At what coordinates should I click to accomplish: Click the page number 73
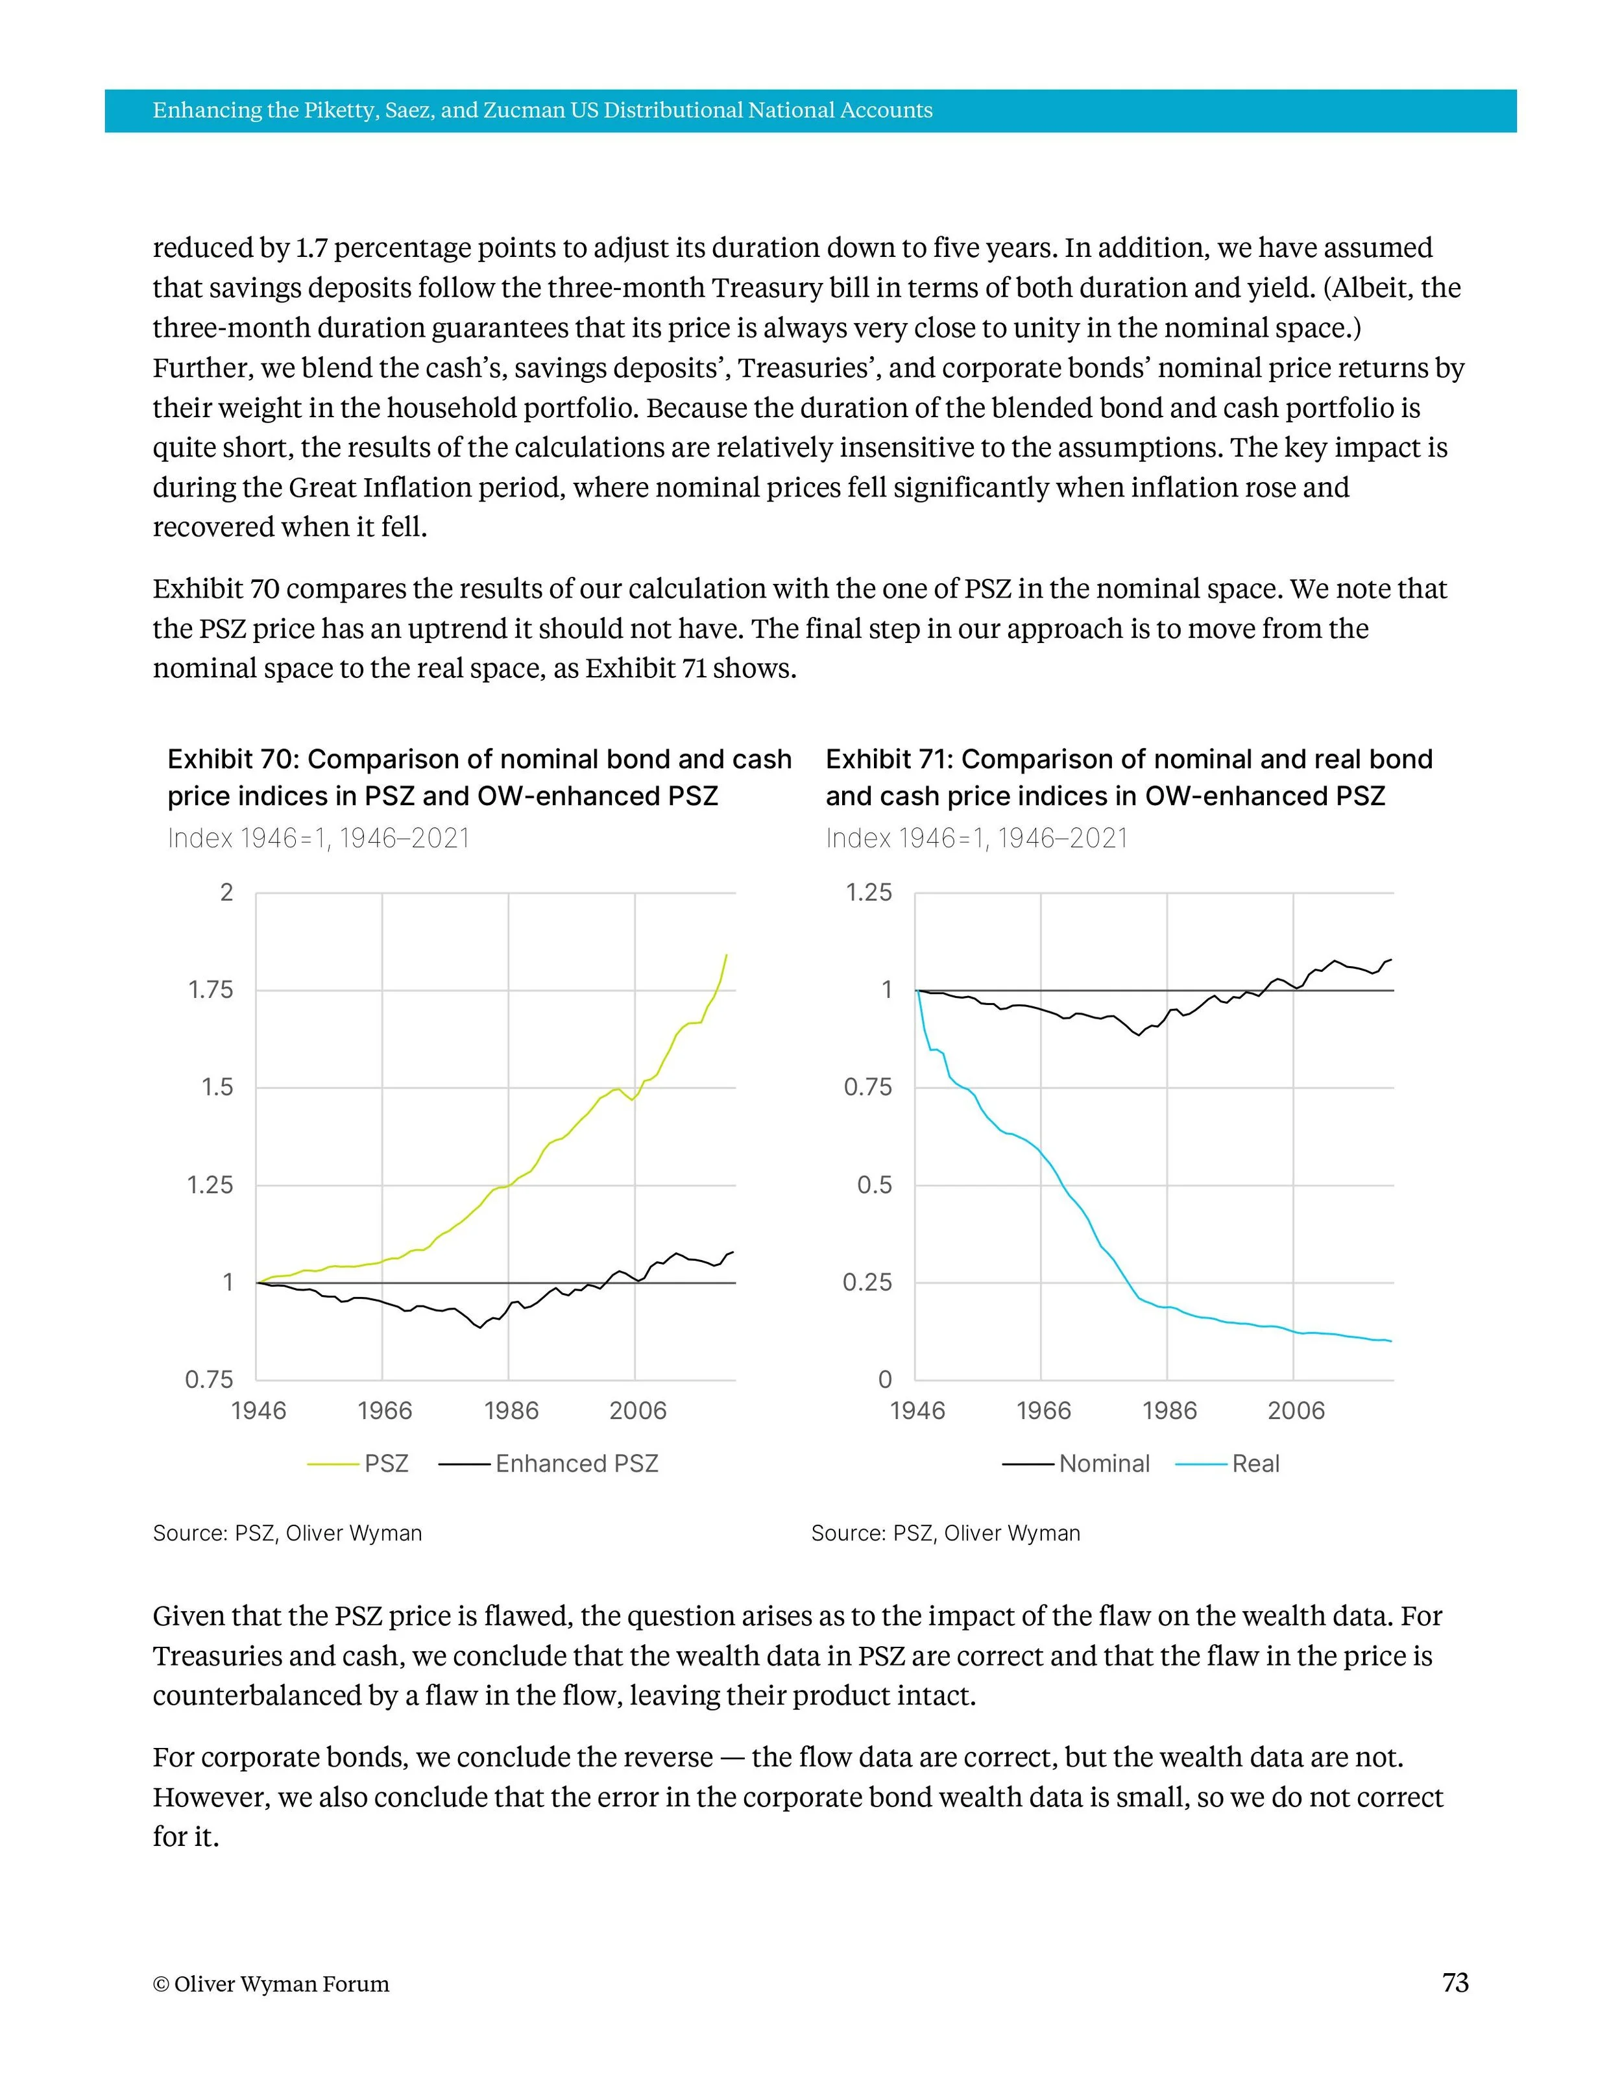tap(1455, 1983)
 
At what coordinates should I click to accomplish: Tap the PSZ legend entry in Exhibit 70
tap(386, 1464)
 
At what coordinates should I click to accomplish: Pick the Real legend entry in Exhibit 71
tap(1255, 1464)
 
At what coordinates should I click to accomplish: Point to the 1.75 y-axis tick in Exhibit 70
tap(210, 990)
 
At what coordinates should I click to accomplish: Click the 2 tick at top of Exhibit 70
tap(227, 893)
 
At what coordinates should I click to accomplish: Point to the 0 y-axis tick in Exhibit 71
tap(885, 1380)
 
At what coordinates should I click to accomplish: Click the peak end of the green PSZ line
tap(727, 954)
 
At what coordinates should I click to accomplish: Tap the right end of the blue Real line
tap(1390, 1342)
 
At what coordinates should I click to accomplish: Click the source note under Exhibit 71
tap(945, 1533)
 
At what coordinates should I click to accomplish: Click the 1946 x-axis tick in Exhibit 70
tap(258, 1411)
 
